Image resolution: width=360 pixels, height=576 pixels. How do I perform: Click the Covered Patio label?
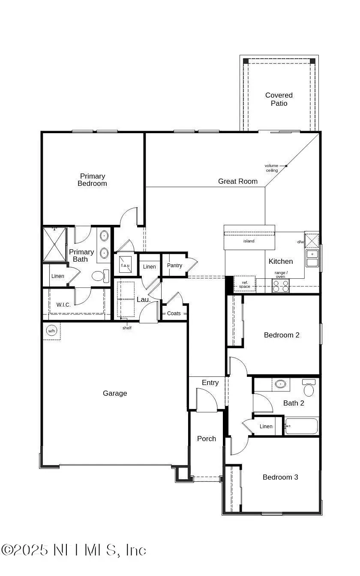279,99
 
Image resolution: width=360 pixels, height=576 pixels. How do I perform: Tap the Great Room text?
238,181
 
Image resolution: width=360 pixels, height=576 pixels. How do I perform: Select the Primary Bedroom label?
92,180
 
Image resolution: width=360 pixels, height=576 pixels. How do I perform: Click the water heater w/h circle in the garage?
51,331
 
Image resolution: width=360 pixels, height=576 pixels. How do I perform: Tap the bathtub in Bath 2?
301,426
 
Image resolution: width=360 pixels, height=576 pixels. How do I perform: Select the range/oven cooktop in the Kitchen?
281,286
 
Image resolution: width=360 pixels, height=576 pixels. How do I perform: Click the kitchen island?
249,241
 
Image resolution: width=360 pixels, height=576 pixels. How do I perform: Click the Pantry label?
174,266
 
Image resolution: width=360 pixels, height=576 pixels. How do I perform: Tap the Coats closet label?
174,313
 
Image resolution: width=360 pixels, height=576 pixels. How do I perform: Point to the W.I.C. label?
63,305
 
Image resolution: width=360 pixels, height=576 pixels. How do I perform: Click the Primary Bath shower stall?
55,244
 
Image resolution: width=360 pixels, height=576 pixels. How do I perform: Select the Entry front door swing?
207,400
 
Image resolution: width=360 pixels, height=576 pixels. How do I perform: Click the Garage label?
115,393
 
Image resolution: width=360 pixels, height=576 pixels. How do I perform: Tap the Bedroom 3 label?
280,477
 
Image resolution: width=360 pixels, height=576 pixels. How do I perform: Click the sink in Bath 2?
281,384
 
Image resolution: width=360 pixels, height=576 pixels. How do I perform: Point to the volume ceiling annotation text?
271,168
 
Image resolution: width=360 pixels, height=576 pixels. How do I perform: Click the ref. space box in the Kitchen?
245,284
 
